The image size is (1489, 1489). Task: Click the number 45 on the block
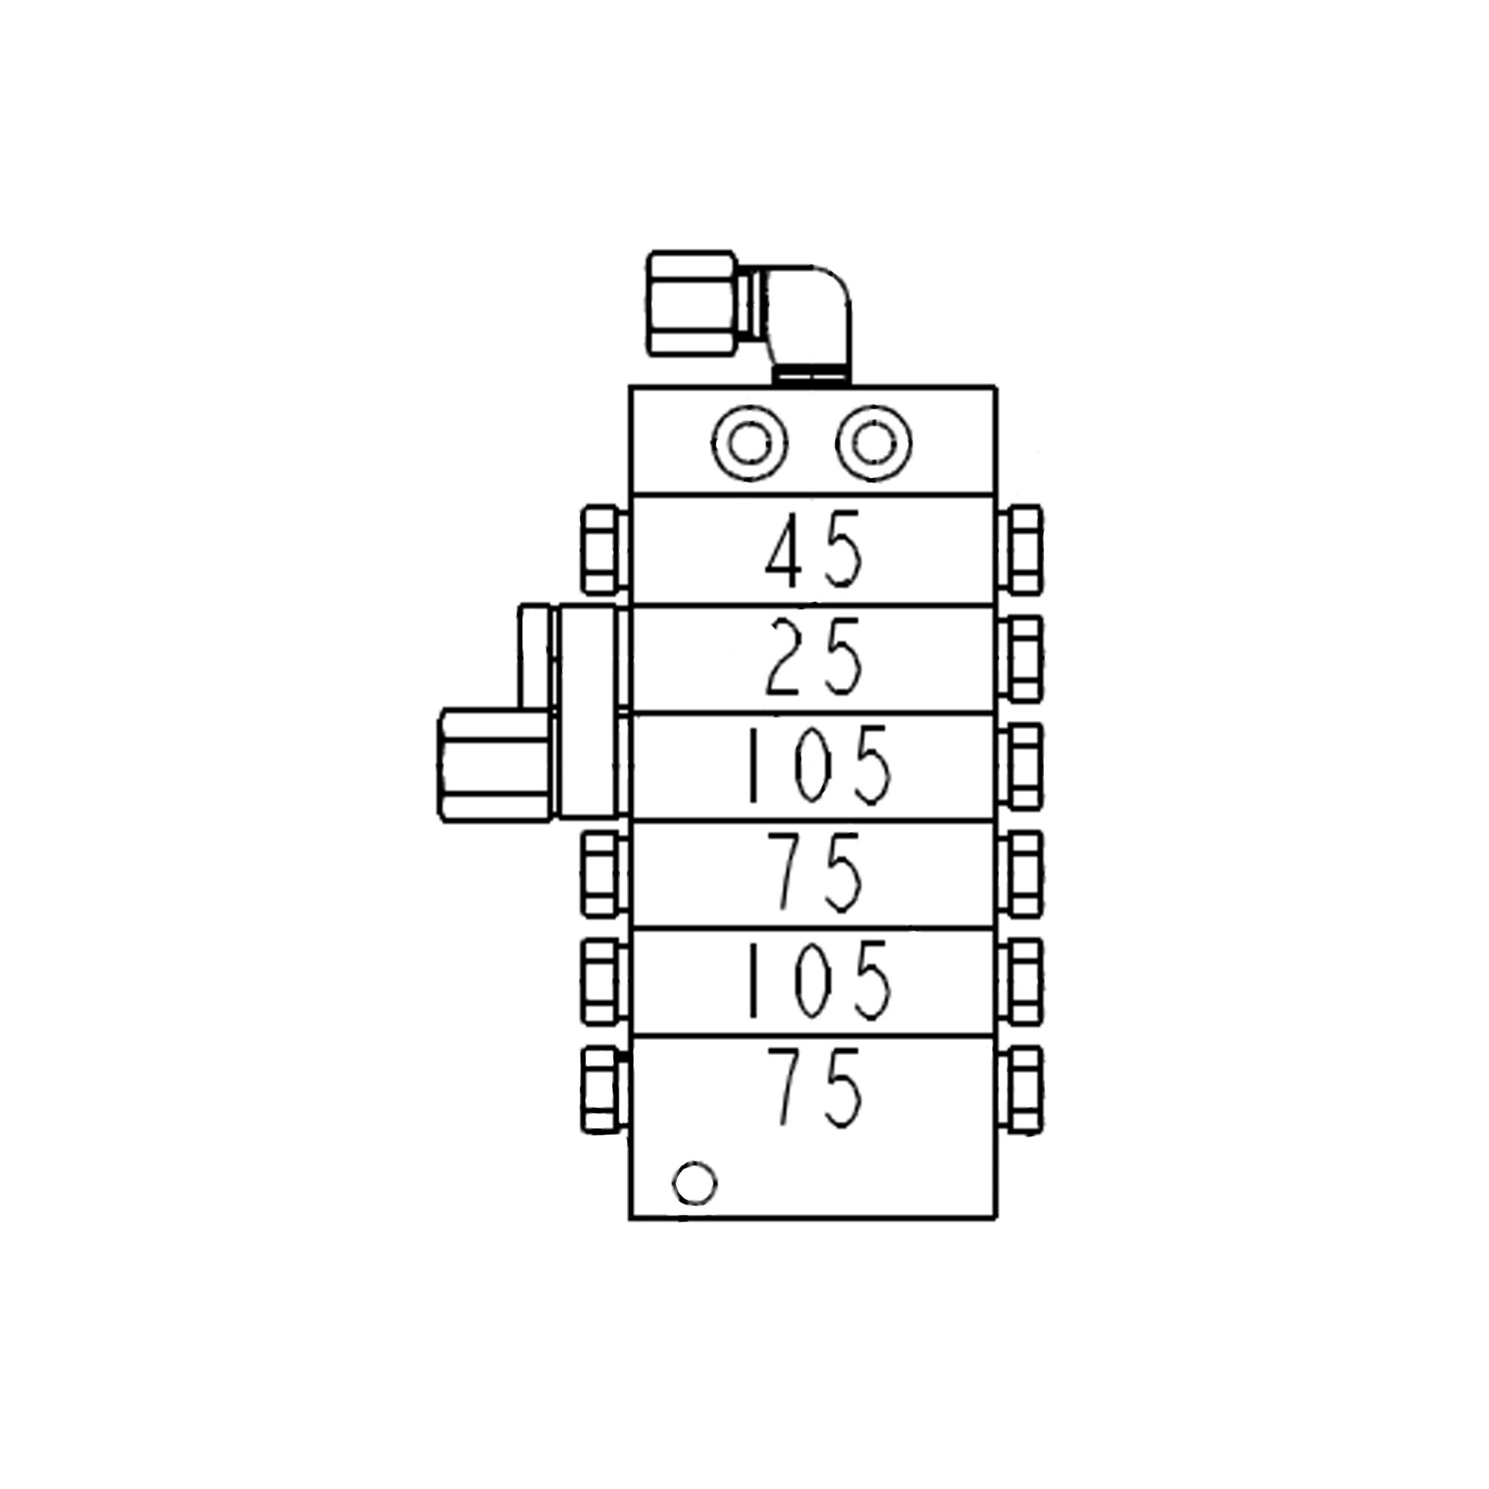[814, 549]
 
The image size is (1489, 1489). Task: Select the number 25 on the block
[814, 657]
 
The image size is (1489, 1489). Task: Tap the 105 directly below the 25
[818, 765]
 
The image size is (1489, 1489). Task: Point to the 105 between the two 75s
[818, 981]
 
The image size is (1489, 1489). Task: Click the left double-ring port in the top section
[749, 443]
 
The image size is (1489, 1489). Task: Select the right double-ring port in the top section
[873, 443]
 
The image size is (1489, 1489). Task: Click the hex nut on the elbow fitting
[692, 303]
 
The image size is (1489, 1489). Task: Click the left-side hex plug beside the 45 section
[602, 549]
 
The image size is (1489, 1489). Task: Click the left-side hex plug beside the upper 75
[602, 874]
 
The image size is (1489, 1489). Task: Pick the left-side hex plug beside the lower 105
[602, 981]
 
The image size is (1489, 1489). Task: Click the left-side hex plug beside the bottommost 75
[602, 1089]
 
